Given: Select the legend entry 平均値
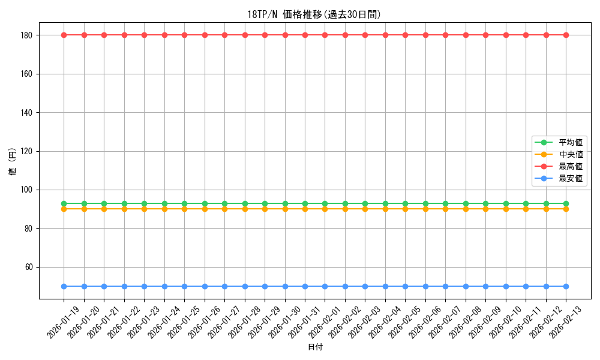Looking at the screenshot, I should click(571, 142).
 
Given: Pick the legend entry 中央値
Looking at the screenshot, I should click(571, 154).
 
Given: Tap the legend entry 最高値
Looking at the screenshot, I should click(571, 166).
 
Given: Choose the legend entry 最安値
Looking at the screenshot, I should click(571, 178).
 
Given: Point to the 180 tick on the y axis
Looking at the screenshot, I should click(27, 35).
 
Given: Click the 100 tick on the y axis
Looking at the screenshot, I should click(27, 190).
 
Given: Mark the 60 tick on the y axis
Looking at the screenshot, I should click(29, 267).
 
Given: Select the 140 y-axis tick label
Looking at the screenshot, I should click(27, 112).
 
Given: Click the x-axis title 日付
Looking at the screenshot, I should click(315, 347).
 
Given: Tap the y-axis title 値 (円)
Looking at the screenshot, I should click(12, 162).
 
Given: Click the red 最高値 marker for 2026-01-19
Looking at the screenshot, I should click(64, 35).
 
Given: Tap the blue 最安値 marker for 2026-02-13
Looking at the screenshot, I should click(566, 286).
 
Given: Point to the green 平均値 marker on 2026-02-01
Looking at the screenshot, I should click(325, 203).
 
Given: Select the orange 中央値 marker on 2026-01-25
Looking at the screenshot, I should click(184, 209).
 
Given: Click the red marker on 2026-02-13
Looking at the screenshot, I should click(566, 35).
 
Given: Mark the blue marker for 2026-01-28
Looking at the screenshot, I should click(245, 286).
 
